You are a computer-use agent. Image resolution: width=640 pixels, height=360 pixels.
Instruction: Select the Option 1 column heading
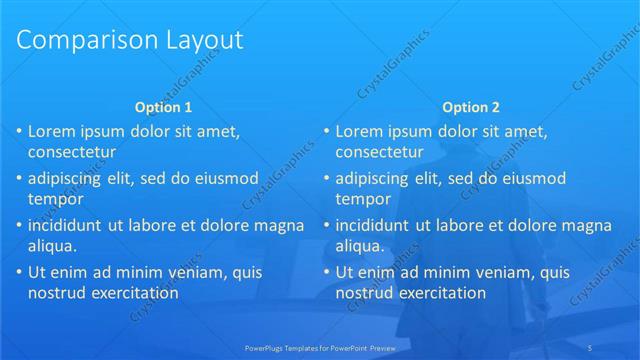[163, 107]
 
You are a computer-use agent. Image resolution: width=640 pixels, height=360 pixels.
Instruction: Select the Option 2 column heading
[470, 107]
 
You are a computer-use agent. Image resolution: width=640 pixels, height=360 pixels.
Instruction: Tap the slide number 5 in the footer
[619, 347]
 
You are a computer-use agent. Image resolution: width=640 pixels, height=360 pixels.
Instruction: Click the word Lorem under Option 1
[50, 131]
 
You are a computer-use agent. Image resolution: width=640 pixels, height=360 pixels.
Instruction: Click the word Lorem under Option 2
[358, 131]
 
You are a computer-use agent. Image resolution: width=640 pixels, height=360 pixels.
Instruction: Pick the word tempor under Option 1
[55, 199]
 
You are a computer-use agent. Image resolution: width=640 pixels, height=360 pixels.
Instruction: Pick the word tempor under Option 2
[363, 199]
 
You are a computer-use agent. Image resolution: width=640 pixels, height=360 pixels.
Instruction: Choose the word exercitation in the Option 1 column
[132, 293]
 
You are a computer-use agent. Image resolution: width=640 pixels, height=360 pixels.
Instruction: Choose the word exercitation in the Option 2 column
[440, 293]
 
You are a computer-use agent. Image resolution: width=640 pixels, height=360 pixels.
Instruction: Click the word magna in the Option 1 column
[281, 225]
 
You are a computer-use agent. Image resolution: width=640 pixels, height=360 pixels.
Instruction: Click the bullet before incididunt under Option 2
[326, 225]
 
